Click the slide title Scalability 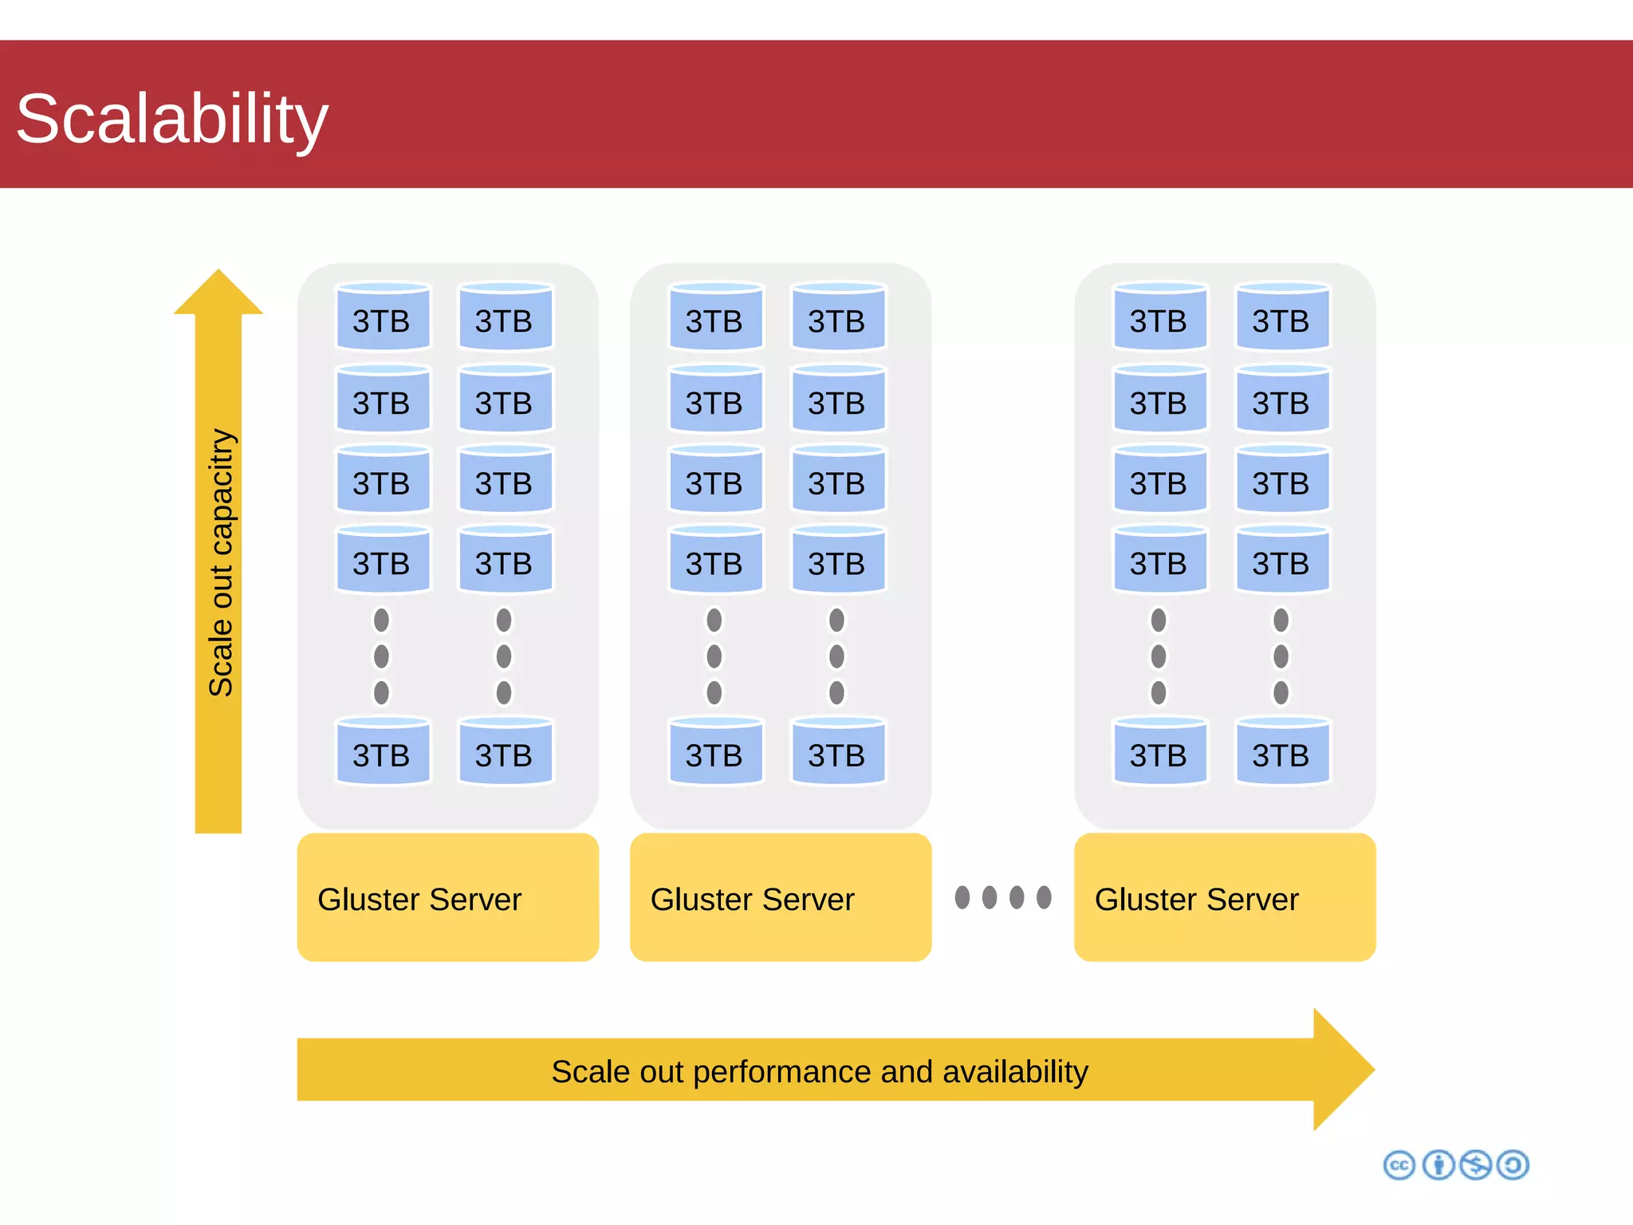point(171,120)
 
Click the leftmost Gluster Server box point(447,897)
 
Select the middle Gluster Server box point(780,897)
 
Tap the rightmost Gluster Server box point(1224,897)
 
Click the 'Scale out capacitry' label point(221,562)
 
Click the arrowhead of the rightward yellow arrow point(1348,1069)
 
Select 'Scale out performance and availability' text point(819,1071)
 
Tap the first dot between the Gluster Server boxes point(962,897)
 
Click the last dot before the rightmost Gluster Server point(1044,897)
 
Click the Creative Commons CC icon point(1399,1165)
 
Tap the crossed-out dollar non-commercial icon point(1475,1165)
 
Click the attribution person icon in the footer point(1438,1165)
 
